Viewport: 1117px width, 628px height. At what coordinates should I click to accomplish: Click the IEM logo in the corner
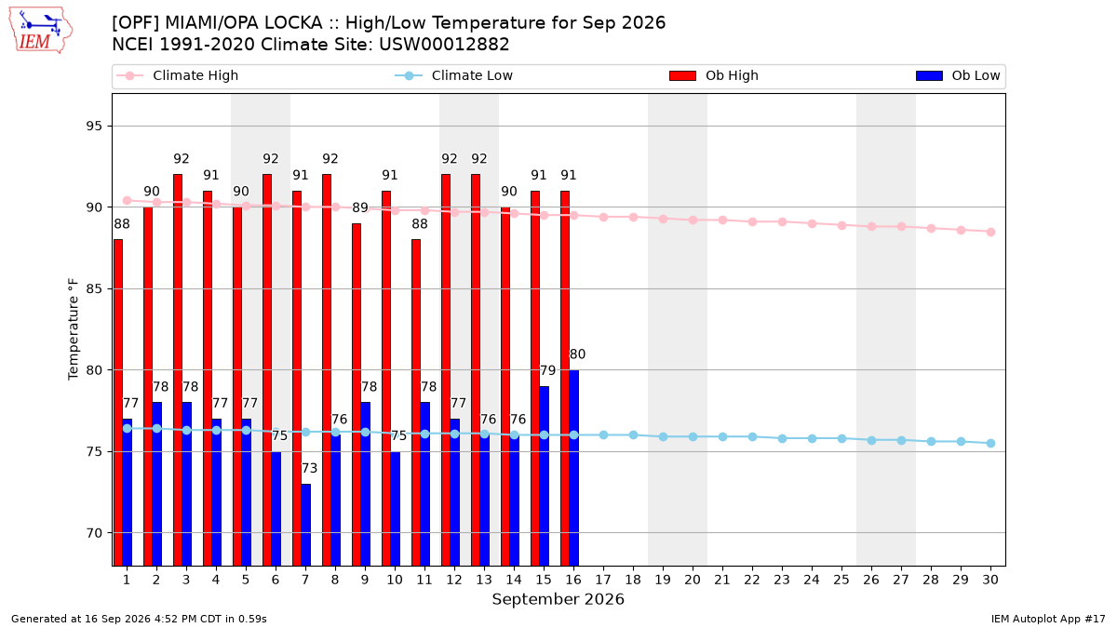click(x=40, y=31)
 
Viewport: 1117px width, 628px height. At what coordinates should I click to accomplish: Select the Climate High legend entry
click(x=177, y=75)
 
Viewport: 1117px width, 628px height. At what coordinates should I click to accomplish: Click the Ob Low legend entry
click(x=958, y=75)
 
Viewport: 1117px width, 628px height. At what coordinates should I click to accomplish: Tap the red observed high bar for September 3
click(x=178, y=370)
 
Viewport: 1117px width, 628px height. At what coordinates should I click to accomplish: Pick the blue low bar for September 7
click(x=305, y=525)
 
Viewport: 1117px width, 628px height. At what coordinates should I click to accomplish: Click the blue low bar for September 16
click(x=574, y=467)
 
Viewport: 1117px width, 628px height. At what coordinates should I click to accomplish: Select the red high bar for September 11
click(x=416, y=403)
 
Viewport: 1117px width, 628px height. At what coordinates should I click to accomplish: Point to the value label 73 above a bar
click(x=309, y=469)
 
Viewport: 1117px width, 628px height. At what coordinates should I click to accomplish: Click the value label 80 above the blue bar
click(x=577, y=354)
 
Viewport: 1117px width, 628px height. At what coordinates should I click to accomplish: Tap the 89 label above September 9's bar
click(x=360, y=207)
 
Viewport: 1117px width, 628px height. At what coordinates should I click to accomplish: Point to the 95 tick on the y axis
click(x=94, y=127)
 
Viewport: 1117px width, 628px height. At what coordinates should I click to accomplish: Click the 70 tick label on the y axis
click(x=94, y=533)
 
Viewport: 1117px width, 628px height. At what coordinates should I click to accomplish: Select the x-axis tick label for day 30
click(x=990, y=581)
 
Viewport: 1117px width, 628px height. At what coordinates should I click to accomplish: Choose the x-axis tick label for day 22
click(x=752, y=581)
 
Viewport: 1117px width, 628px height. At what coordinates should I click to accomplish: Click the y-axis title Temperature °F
click(x=74, y=329)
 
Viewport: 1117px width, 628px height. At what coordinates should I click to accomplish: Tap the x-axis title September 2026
click(x=558, y=599)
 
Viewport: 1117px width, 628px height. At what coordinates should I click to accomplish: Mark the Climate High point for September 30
click(x=990, y=233)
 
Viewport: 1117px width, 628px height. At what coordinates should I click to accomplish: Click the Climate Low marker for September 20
click(x=693, y=436)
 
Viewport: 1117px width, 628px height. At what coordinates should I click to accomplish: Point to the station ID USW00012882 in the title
click(x=444, y=45)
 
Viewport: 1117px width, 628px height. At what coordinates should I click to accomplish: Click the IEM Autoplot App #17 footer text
click(x=1048, y=619)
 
